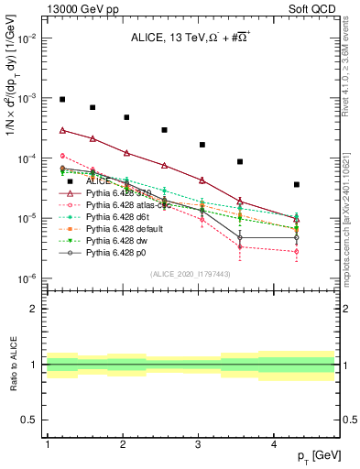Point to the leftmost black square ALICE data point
click(62, 99)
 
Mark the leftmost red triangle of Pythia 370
click(62, 130)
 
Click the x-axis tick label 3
click(199, 444)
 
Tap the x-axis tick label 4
click(274, 444)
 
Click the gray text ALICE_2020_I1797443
click(191, 274)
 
